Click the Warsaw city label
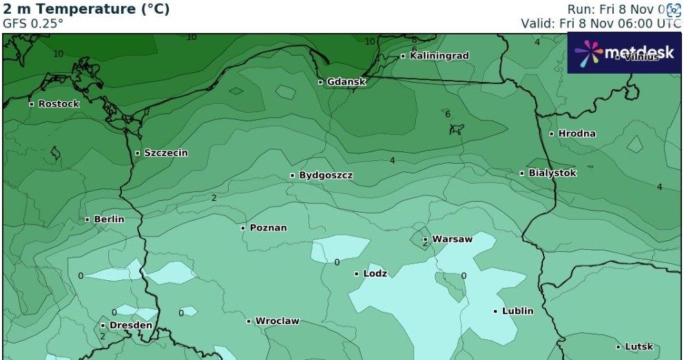452,240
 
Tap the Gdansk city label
346,82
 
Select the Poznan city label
268,228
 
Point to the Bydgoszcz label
325,176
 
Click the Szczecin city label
165,153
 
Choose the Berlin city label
109,219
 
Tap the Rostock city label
59,104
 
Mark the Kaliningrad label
439,56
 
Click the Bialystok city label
552,173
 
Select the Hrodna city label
577,134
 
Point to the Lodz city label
375,273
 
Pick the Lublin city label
517,311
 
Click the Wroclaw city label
277,321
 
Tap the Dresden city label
130,325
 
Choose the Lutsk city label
639,347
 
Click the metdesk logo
623,52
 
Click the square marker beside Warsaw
425,240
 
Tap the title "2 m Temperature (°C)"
86,10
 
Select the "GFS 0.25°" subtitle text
33,23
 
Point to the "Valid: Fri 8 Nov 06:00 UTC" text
601,23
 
